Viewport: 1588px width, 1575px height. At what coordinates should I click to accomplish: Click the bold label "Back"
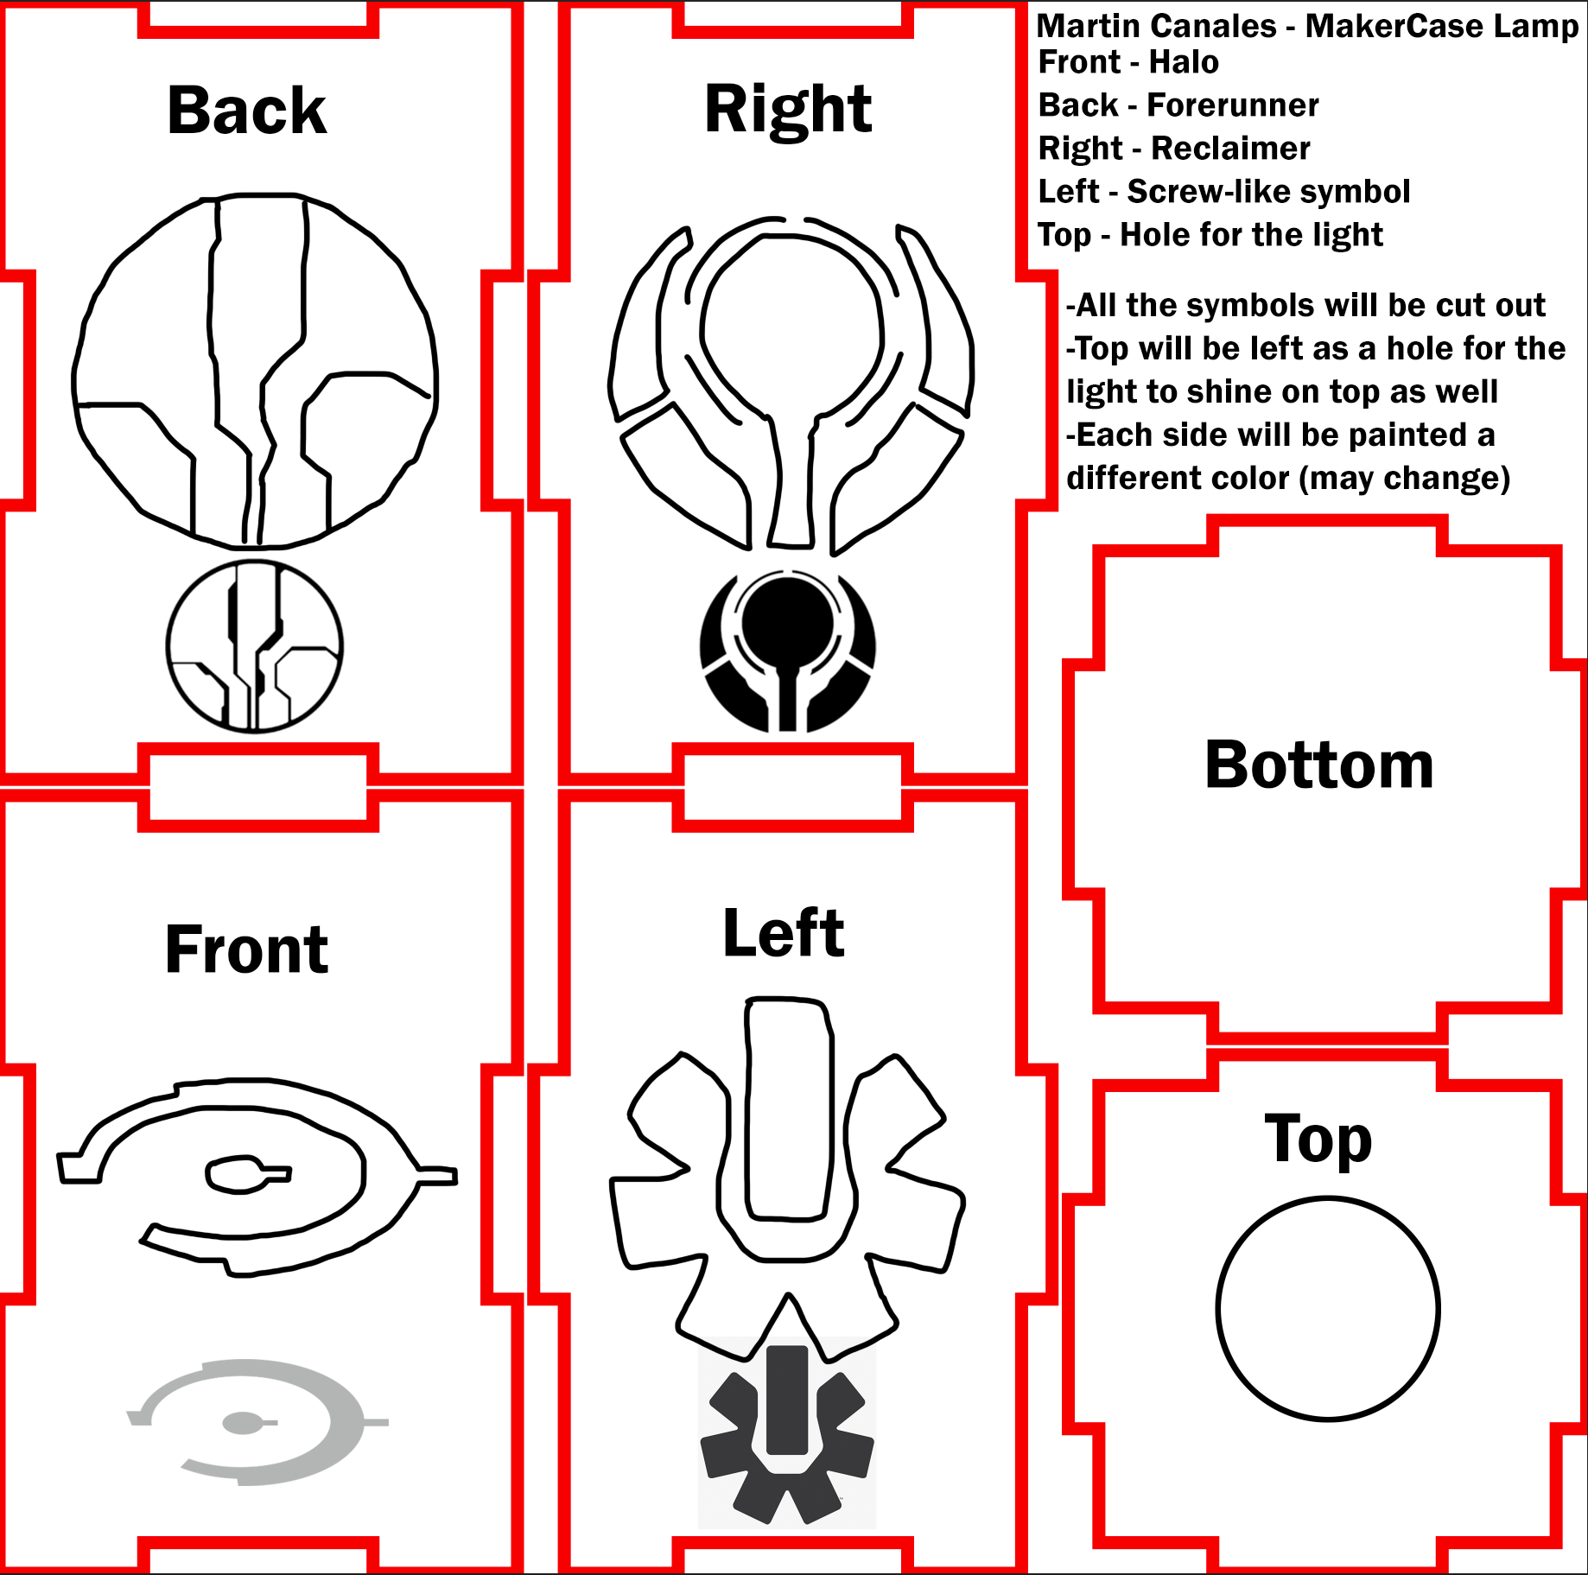[247, 111]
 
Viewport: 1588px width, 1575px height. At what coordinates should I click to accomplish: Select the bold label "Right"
[788, 110]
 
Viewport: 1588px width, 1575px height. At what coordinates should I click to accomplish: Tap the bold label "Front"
[247, 949]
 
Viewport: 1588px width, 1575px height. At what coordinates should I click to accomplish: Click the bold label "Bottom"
[1319, 765]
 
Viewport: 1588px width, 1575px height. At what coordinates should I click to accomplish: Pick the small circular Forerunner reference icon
[255, 645]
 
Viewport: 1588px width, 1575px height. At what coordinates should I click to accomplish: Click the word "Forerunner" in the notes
[1233, 105]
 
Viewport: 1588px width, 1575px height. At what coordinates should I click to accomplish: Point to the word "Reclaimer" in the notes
[1231, 149]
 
